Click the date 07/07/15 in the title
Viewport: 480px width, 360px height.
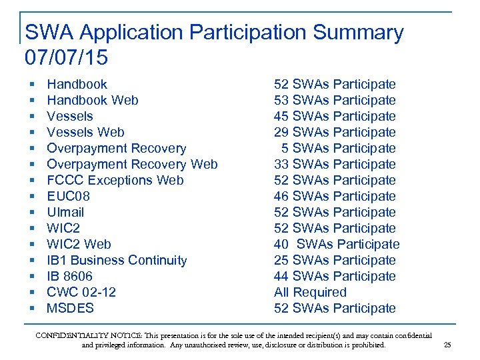pyautogui.click(x=66, y=57)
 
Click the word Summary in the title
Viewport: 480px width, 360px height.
pyautogui.click(x=361, y=32)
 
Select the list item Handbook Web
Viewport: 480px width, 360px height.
pyautogui.click(x=93, y=100)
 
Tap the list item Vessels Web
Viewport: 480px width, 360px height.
pyautogui.click(x=85, y=132)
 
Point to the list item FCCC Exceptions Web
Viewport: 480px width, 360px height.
pyautogui.click(x=115, y=180)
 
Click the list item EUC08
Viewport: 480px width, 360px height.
pyautogui.click(x=68, y=196)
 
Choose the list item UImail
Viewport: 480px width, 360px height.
pyautogui.click(x=65, y=212)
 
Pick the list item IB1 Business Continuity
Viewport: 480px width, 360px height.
pyautogui.click(x=117, y=260)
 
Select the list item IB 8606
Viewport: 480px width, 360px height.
pyautogui.click(x=69, y=276)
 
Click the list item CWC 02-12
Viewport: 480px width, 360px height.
pyautogui.click(x=81, y=292)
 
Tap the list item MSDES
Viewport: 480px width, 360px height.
pyautogui.click(x=70, y=308)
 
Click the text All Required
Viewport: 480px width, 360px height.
pyautogui.click(x=310, y=292)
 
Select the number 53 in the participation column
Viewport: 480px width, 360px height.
pyautogui.click(x=281, y=100)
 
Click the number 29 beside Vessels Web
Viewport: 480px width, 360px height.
pyautogui.click(x=281, y=132)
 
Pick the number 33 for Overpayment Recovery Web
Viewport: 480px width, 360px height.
pyautogui.click(x=281, y=164)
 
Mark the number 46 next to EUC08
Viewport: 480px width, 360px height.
pyautogui.click(x=281, y=196)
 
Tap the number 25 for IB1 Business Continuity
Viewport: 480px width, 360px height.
pyautogui.click(x=281, y=260)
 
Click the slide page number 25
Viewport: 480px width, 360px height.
pyautogui.click(x=447, y=345)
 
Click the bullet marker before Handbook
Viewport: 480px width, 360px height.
pyautogui.click(x=32, y=85)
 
